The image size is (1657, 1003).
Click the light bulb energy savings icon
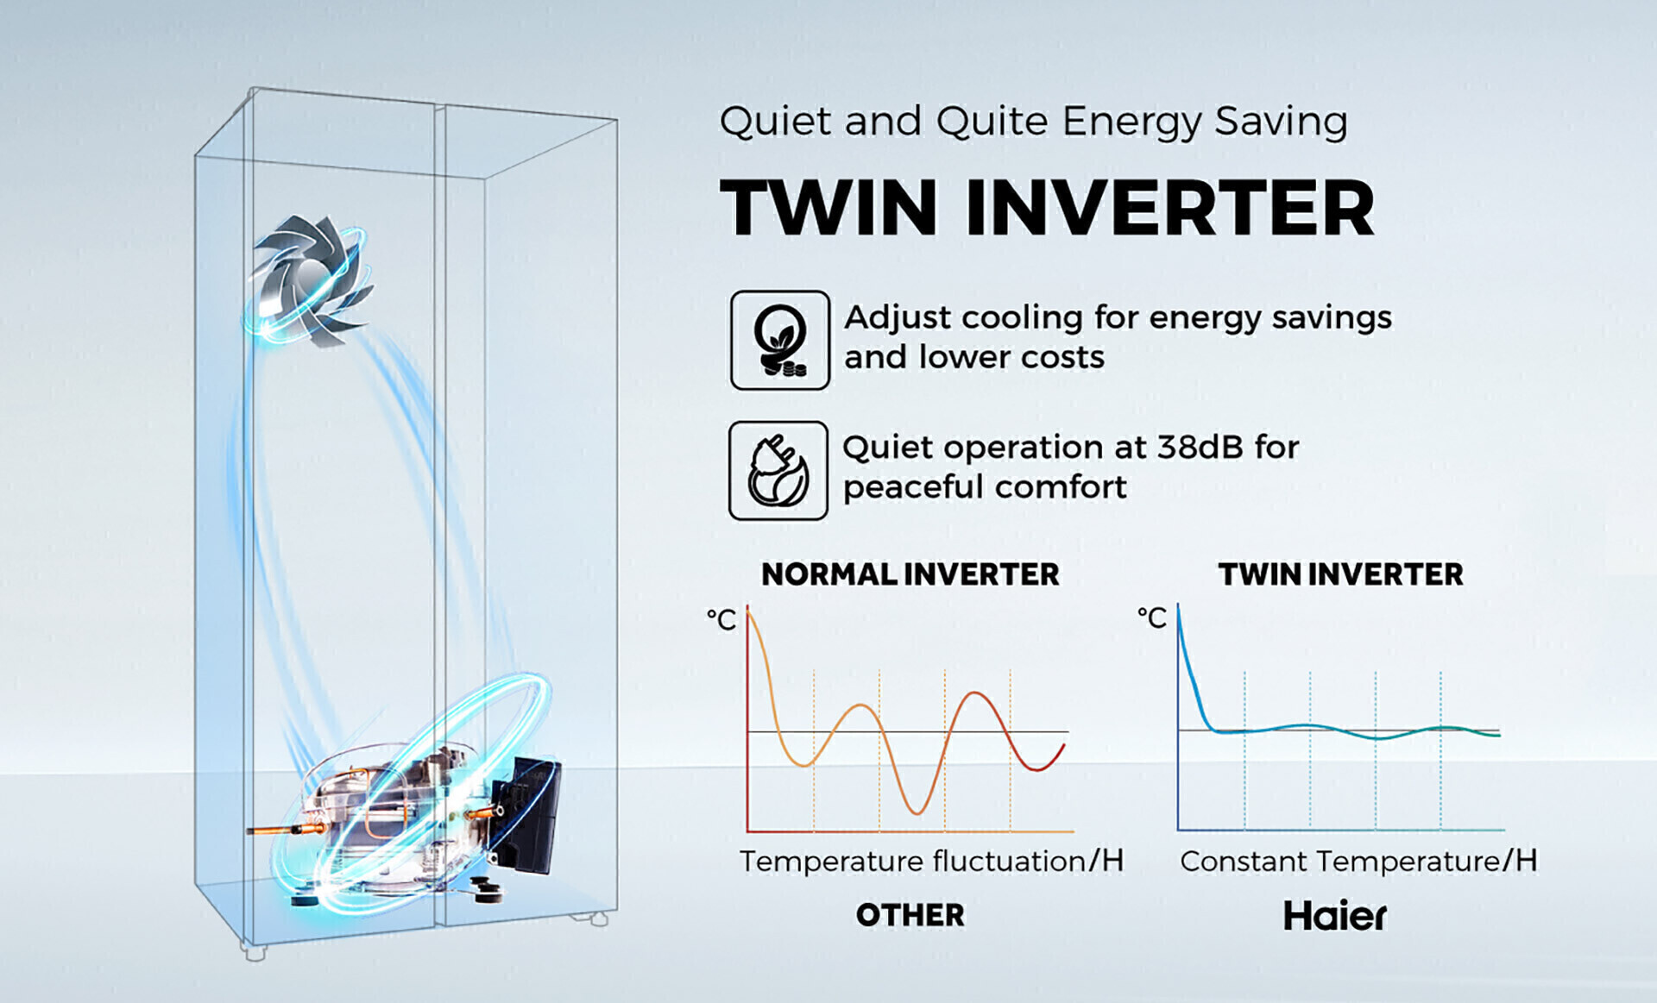tap(780, 341)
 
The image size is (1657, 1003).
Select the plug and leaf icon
tap(778, 471)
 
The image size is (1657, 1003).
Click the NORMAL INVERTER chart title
tap(910, 574)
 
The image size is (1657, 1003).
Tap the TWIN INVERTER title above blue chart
tap(1340, 574)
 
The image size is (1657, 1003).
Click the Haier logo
tap(1335, 916)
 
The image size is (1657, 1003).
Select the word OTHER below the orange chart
tap(910, 915)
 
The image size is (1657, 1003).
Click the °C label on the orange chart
tap(721, 619)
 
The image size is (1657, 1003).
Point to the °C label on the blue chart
tap(1151, 617)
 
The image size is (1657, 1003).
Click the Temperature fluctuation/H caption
tap(931, 861)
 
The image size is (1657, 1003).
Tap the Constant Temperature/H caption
tap(1358, 861)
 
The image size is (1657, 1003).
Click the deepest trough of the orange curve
tap(917, 812)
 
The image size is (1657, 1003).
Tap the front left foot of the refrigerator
tap(253, 952)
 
